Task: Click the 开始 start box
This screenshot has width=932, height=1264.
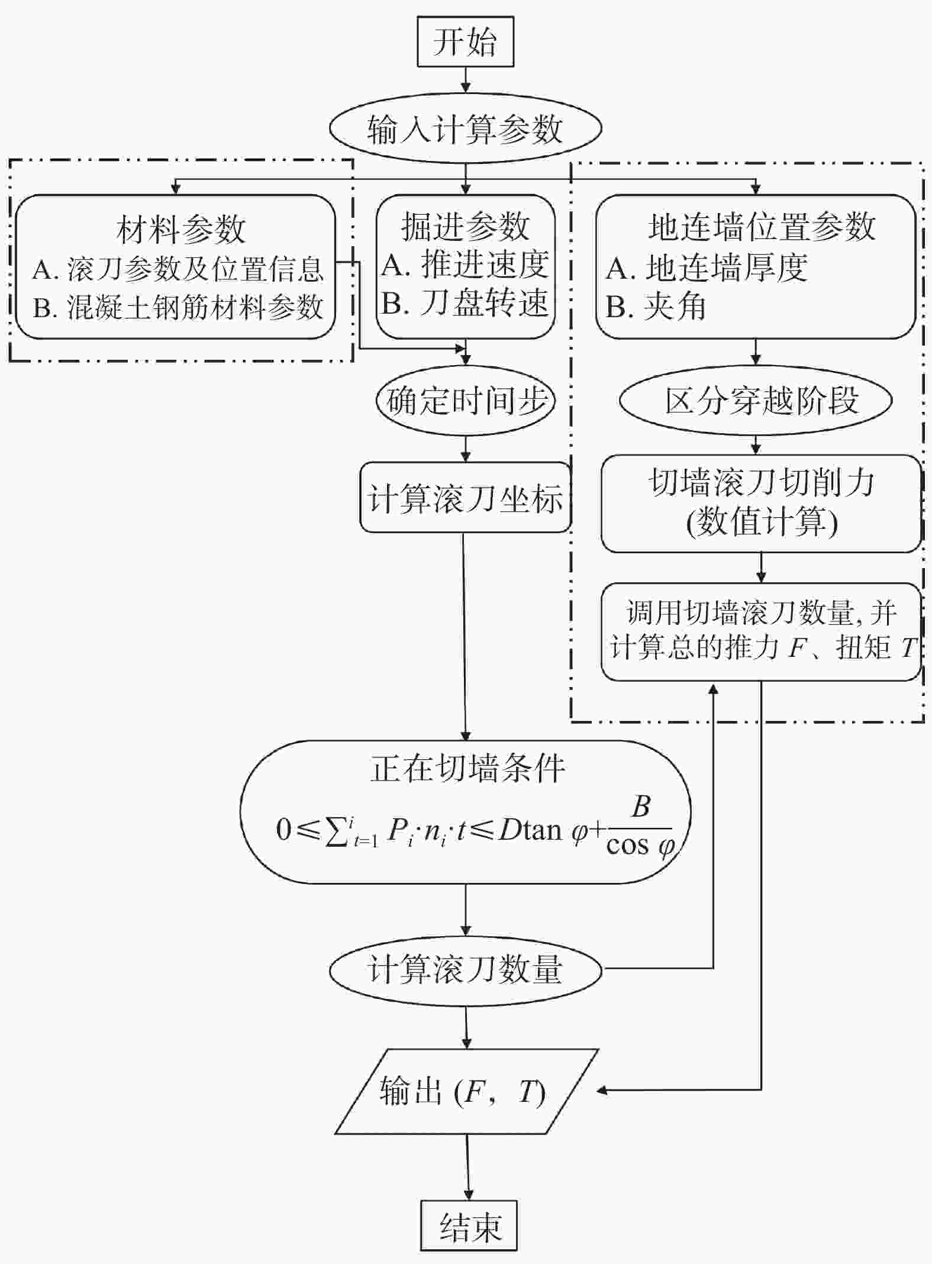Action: (465, 41)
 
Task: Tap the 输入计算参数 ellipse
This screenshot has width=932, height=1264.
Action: (465, 128)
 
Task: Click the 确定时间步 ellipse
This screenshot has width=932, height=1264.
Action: (465, 400)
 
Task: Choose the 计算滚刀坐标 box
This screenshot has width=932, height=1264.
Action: (465, 497)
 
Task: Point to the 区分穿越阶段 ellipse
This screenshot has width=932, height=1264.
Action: (756, 400)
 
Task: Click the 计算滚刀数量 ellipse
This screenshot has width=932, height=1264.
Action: (465, 969)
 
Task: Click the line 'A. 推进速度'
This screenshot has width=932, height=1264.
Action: (465, 265)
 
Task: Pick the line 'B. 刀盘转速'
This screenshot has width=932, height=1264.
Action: (465, 303)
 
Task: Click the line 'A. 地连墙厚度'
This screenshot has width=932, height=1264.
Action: (707, 267)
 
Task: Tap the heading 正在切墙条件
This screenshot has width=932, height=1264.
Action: (467, 768)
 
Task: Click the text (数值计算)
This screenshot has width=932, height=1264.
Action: (761, 522)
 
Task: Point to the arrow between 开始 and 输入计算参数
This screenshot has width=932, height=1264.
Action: (466, 79)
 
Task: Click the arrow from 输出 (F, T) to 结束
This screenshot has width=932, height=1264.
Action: (469, 1167)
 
